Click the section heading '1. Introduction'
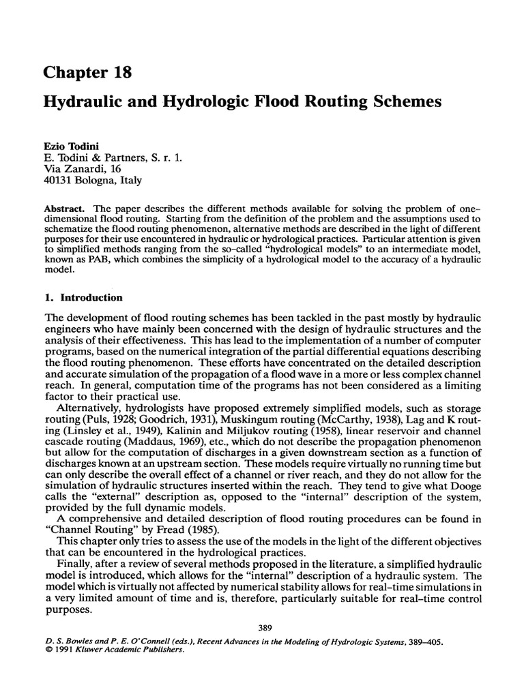[x=83, y=298]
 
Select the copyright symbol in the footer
[x=46, y=650]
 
